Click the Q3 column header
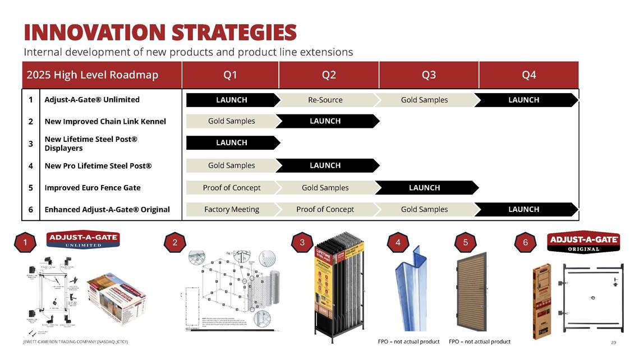429,75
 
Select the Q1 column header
230,75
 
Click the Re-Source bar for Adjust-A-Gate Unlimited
325,100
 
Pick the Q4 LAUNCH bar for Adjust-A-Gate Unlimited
524,100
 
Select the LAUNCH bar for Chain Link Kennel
325,121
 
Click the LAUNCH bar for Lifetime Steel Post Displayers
232,142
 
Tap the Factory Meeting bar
232,209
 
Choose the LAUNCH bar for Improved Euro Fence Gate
425,187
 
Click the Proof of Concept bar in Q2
325,209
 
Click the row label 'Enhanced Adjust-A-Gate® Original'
107,209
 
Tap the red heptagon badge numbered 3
302,242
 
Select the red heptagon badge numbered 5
466,242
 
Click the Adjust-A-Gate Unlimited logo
83,240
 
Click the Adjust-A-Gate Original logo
583,243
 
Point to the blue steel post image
414,289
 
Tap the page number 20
614,342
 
